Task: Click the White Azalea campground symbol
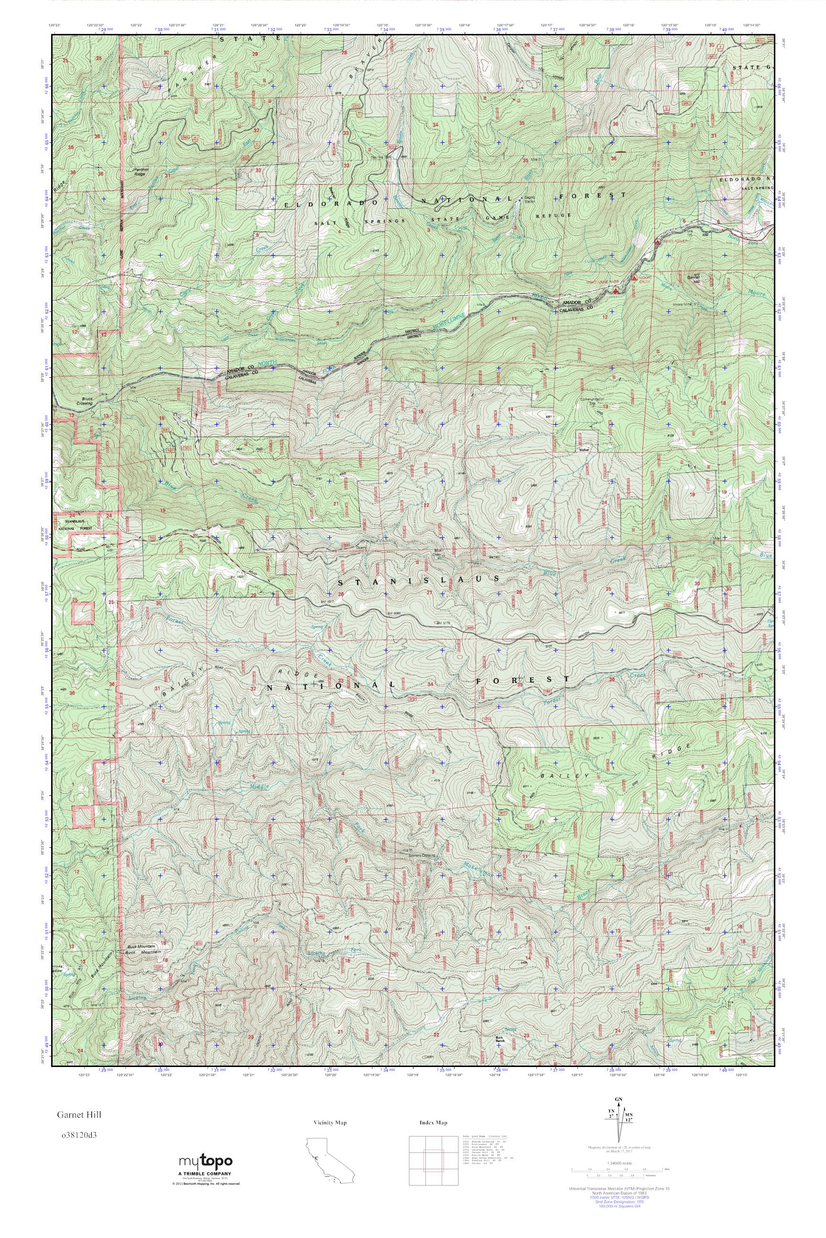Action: [657, 242]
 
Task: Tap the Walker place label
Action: [583, 450]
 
